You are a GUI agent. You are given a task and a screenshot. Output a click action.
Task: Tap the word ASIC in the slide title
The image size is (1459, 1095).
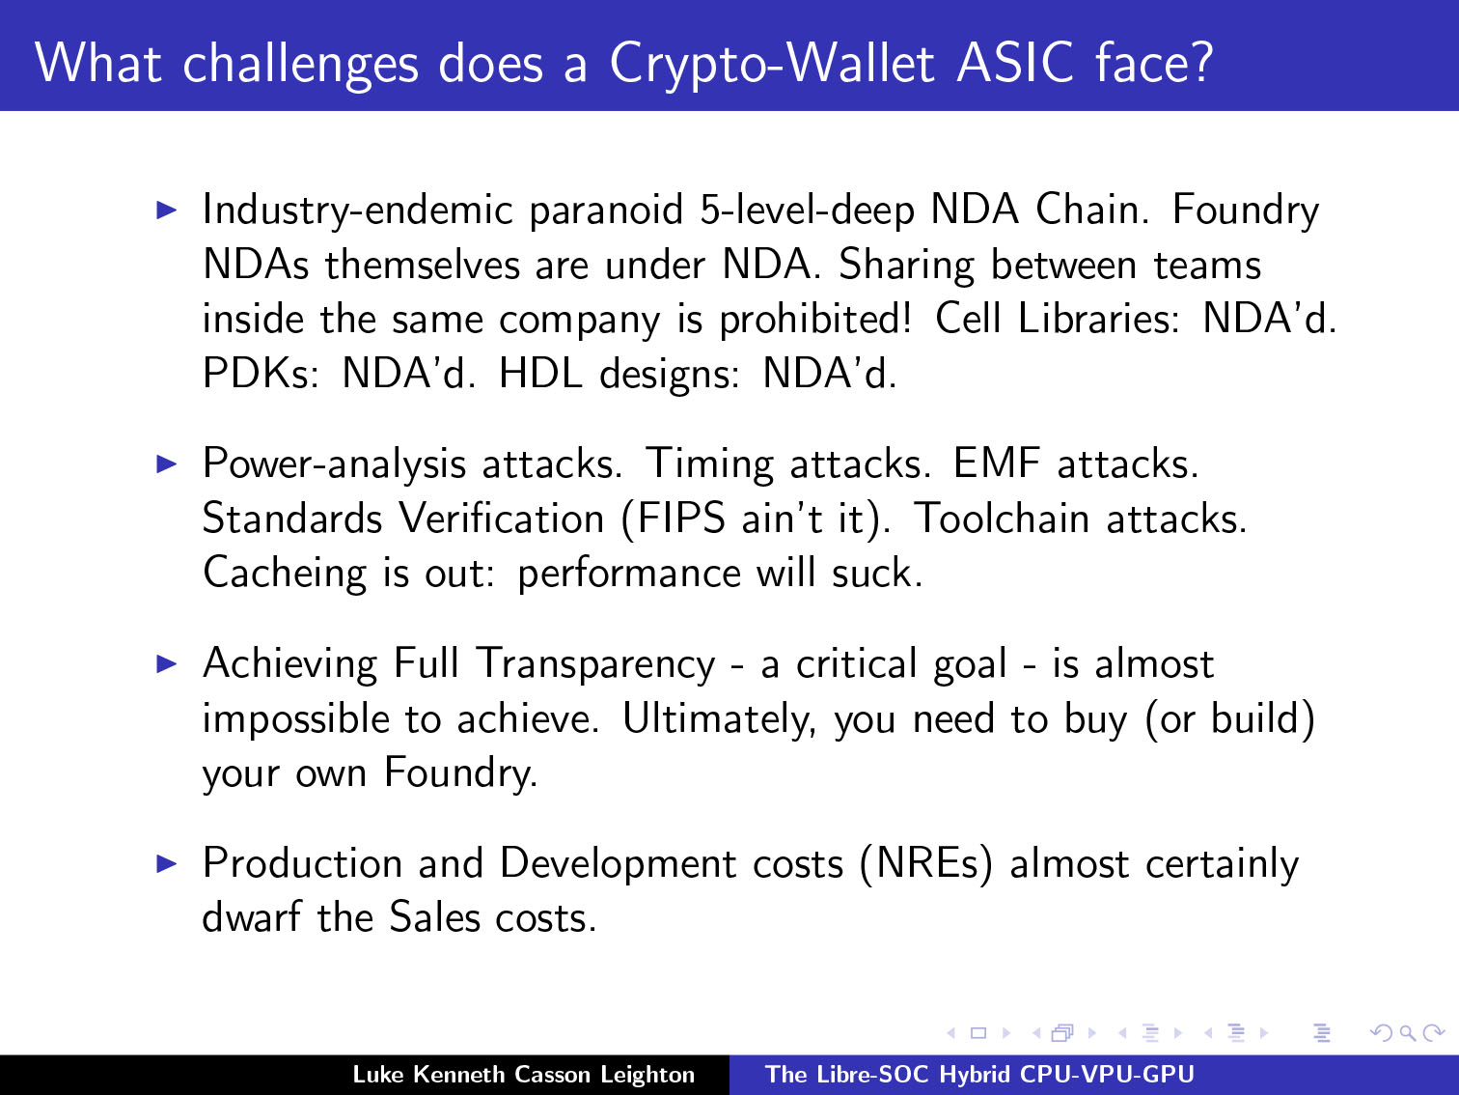point(1015,63)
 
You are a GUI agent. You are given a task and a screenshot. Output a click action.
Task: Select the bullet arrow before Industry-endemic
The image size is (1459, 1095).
point(166,211)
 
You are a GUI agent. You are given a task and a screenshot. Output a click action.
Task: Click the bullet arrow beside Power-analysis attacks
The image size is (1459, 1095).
point(166,464)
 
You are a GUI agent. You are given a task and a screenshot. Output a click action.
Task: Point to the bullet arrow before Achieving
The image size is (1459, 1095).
point(166,664)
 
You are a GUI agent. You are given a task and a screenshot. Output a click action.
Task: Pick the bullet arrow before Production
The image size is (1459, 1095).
point(166,863)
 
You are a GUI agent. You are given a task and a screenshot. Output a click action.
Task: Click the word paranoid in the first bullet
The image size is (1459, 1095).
point(606,211)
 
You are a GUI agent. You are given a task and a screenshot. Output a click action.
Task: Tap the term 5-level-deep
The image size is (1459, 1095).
point(807,211)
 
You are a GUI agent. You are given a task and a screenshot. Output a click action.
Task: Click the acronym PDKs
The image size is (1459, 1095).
point(260,373)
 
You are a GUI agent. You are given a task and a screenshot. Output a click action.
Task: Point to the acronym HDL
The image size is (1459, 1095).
point(540,373)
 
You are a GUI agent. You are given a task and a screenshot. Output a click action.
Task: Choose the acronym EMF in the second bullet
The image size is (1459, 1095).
point(997,463)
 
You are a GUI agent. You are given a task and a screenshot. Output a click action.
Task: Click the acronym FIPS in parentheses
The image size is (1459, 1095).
point(681,518)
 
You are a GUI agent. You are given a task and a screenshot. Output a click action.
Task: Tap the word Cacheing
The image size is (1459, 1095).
point(285,575)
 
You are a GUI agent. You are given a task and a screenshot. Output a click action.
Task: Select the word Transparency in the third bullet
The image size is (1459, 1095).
point(595,665)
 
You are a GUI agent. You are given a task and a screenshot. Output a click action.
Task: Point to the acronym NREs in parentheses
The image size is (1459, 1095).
point(926,864)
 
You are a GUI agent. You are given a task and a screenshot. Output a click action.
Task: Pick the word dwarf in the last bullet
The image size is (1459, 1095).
point(252,917)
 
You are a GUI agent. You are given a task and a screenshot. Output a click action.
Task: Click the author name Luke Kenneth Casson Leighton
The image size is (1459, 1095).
point(523,1075)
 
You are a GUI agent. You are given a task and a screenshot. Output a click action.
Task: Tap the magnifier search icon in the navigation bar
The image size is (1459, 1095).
point(1407,1033)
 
